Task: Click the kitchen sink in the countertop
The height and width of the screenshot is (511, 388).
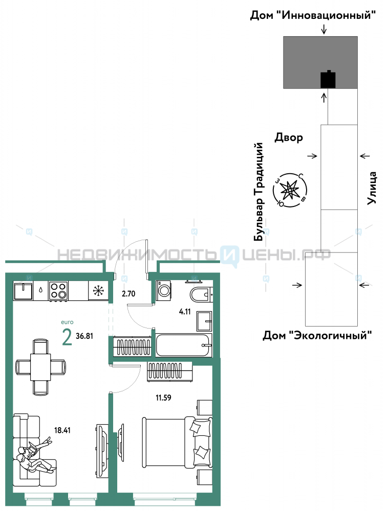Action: click(x=23, y=291)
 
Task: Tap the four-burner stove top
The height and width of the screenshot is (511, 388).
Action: click(x=58, y=291)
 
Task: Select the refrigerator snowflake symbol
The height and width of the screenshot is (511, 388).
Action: click(x=98, y=291)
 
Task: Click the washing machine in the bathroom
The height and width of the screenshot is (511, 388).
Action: click(x=163, y=290)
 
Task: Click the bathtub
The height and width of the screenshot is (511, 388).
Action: click(x=184, y=345)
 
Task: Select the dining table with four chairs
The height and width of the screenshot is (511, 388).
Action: click(x=40, y=366)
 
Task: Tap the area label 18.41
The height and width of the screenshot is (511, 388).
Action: click(x=62, y=430)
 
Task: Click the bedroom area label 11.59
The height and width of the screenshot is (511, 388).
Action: click(x=163, y=398)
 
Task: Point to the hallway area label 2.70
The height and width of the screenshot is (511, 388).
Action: click(x=128, y=294)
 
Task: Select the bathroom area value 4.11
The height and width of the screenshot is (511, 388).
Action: click(x=185, y=312)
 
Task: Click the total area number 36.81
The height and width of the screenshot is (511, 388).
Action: click(x=84, y=336)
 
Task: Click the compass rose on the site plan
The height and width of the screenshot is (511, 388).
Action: click(x=290, y=190)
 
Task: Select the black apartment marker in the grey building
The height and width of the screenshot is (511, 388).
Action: click(x=328, y=79)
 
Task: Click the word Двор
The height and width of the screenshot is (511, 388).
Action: click(x=289, y=137)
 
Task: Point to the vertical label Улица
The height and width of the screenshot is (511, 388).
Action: click(x=372, y=188)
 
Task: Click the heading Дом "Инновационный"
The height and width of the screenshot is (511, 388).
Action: click(x=313, y=15)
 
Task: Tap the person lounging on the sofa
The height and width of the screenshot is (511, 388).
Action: click(x=34, y=456)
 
